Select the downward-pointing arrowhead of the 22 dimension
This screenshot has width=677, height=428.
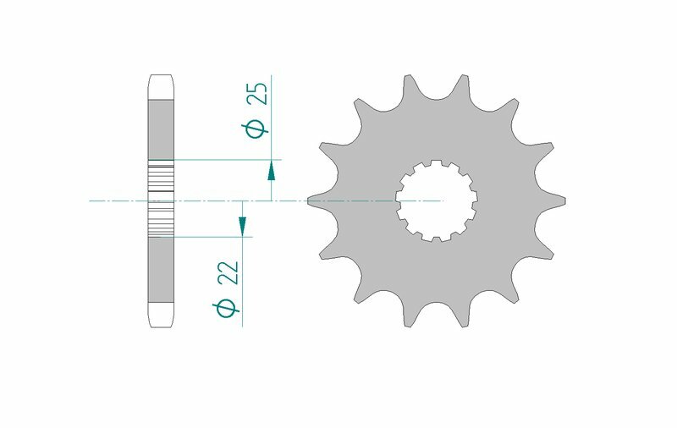pyautogui.click(x=242, y=225)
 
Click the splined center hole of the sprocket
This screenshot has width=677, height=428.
pyautogui.click(x=438, y=201)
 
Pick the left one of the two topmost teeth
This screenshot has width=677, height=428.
pyautogui.click(x=409, y=83)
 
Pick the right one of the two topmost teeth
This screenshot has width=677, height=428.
pyautogui.click(x=465, y=83)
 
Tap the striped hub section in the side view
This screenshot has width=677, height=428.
pyautogui.click(x=161, y=200)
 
